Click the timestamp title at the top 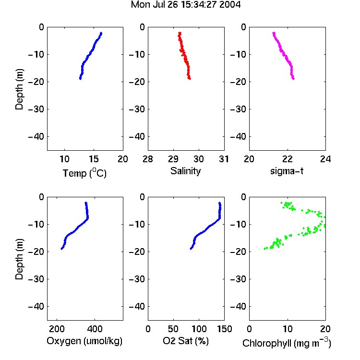185,5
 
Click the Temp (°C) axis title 84,173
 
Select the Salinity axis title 185,171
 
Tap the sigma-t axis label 287,171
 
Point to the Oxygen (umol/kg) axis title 84,341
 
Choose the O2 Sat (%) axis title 186,341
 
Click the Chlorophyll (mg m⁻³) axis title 287,343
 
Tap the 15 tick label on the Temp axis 94,159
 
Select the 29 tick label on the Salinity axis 173,159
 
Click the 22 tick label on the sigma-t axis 287,159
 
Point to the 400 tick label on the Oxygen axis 95,329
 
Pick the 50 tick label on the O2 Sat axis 173,329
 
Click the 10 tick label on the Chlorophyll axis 287,329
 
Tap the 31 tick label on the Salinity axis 224,159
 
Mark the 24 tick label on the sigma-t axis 325,159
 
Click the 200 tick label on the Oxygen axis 57,329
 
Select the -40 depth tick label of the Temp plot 36,137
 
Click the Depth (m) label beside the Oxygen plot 19,259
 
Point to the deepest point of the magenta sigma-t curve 293,79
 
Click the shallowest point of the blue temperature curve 101,34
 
